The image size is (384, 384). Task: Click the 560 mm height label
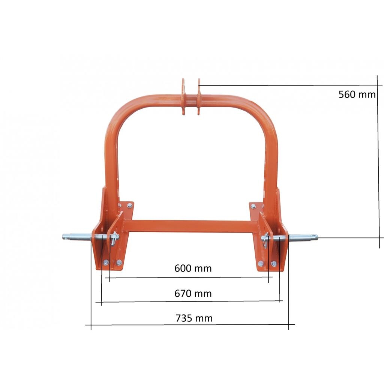tap(357, 94)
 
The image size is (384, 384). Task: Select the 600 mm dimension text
tap(193, 268)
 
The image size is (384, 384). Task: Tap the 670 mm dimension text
tap(193, 293)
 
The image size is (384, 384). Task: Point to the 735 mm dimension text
tap(194, 318)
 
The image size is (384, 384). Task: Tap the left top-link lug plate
tap(183, 96)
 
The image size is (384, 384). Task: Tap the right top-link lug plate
tap(199, 96)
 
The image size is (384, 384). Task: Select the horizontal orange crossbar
tap(191, 226)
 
